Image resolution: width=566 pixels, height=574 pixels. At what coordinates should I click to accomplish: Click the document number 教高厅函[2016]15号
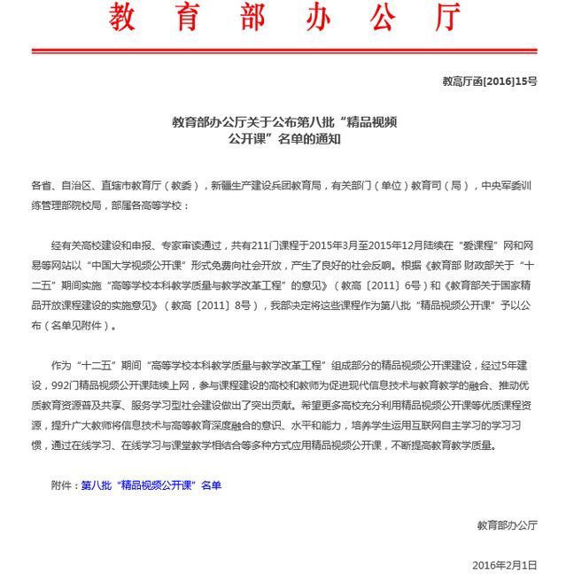tap(489, 81)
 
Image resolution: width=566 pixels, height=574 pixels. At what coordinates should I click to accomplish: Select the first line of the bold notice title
tap(283, 121)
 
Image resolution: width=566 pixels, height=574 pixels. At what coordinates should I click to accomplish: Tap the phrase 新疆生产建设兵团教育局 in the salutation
tap(265, 186)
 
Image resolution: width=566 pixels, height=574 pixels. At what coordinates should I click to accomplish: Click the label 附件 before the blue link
tap(64, 485)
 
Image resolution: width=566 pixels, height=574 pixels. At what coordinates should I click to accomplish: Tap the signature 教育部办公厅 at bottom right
tap(507, 524)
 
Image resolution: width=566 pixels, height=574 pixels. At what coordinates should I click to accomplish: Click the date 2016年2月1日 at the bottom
tap(505, 563)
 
